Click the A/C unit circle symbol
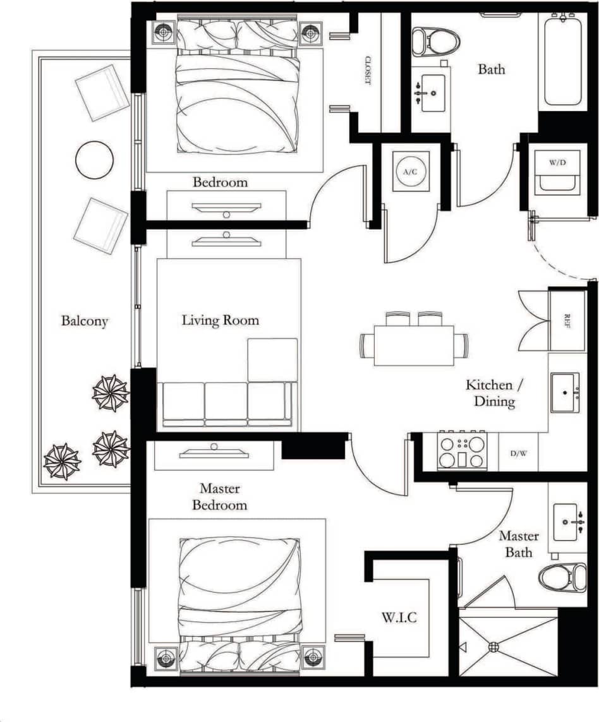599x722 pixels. click(x=410, y=171)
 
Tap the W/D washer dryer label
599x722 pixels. click(x=557, y=162)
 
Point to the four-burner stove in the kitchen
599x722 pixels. click(x=463, y=451)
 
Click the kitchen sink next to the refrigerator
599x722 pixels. click(x=564, y=392)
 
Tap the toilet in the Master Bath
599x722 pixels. click(x=562, y=577)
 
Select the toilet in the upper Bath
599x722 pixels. click(x=427, y=41)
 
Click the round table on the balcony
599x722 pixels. click(x=95, y=160)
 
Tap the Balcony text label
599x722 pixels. click(x=85, y=321)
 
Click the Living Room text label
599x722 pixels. click(x=221, y=320)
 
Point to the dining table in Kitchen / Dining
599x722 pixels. click(x=413, y=345)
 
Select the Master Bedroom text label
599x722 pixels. click(x=219, y=496)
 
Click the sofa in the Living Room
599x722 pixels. click(x=227, y=402)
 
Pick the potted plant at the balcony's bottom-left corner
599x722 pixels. click(x=62, y=461)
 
